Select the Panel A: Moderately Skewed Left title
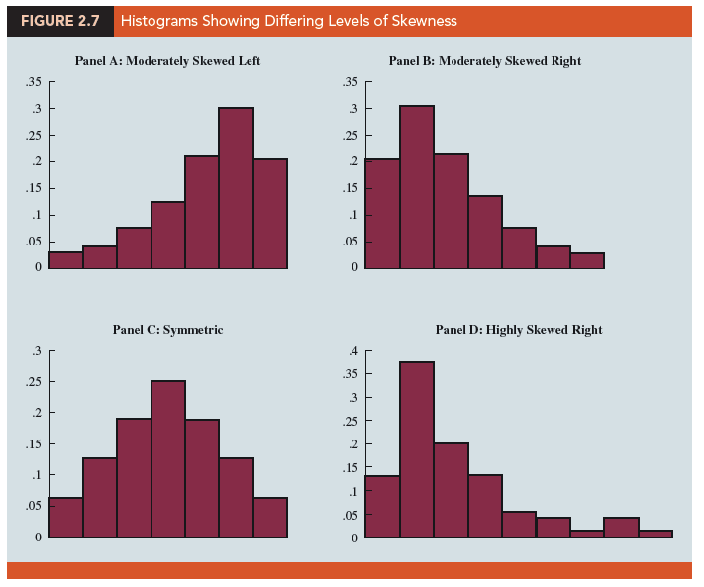tap(167, 61)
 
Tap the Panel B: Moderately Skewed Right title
tap(484, 61)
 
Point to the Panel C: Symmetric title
tap(167, 329)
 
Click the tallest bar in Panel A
tap(236, 188)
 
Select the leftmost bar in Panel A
tap(65, 259)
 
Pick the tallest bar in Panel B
tap(417, 187)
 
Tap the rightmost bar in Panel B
tap(587, 260)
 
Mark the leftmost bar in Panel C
tap(65, 517)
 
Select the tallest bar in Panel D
tap(417, 449)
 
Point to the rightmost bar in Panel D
tap(655, 534)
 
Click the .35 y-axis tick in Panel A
tap(33, 82)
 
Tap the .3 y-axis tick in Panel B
tap(351, 109)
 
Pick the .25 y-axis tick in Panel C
tap(33, 381)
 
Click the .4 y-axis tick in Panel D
tap(351, 351)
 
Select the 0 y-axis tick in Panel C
tap(38, 538)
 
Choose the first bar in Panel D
tap(382, 507)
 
